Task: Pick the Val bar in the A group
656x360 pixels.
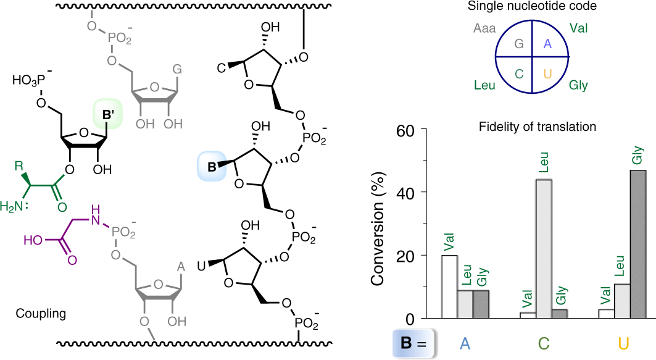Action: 449,287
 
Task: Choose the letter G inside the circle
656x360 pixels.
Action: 518,44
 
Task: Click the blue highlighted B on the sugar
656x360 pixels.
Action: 212,165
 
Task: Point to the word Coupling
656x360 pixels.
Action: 41,314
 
